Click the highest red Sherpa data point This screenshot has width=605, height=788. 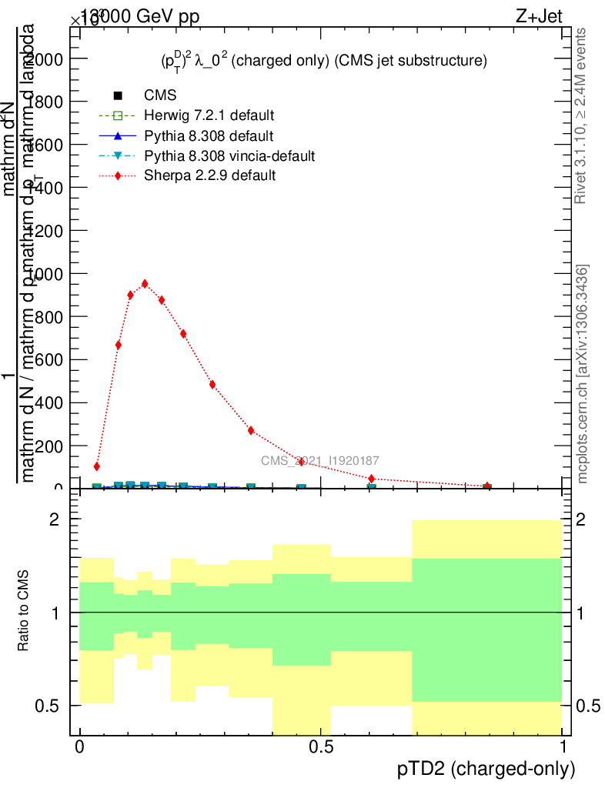click(x=144, y=283)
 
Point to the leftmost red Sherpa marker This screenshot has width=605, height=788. click(x=96, y=466)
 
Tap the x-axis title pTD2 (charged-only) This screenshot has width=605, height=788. click(x=486, y=768)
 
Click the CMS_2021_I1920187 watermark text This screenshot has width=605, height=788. click(x=319, y=460)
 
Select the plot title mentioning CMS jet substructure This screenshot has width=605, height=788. click(x=319, y=61)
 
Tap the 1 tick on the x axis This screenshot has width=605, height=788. click(x=563, y=747)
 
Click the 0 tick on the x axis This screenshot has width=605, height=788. click(x=79, y=747)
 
